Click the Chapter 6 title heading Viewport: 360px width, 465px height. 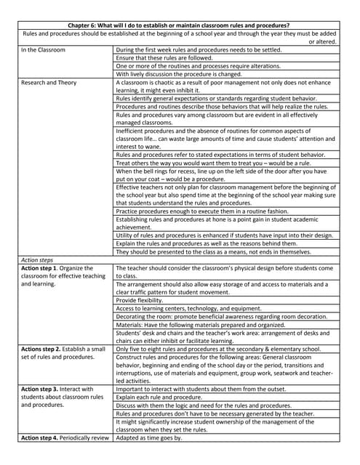tap(179, 25)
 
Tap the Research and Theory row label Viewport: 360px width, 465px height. tap(49, 83)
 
